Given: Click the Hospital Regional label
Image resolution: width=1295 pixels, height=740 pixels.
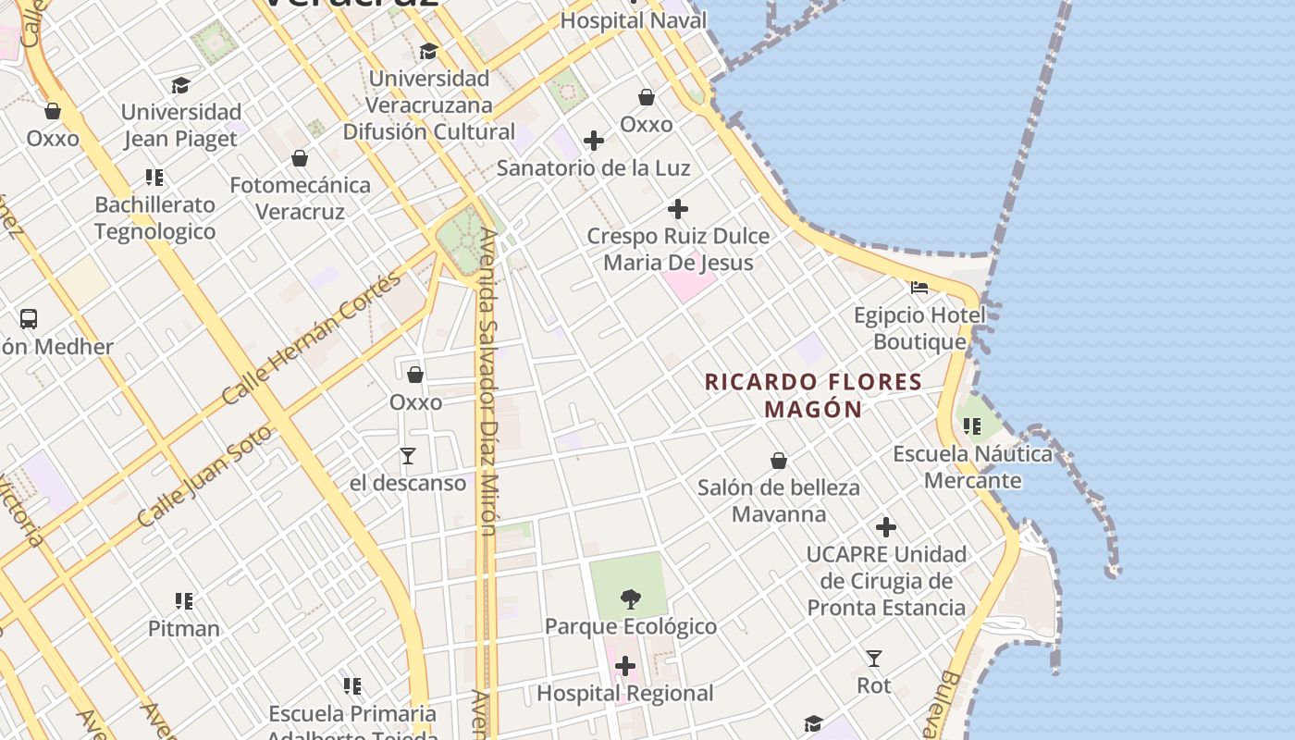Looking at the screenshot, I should pyautogui.click(x=625, y=693).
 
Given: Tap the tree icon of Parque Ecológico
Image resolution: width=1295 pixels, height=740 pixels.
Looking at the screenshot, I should pyautogui.click(x=631, y=598).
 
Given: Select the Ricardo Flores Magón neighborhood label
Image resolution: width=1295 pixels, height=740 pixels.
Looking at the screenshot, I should pyautogui.click(x=814, y=395).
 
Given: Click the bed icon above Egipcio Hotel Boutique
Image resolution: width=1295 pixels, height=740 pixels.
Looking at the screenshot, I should pyautogui.click(x=919, y=288).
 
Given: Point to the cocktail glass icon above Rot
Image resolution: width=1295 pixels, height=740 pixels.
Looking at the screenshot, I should pyautogui.click(x=873, y=659).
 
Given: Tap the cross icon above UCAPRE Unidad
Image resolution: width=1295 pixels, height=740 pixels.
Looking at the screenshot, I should pyautogui.click(x=886, y=527).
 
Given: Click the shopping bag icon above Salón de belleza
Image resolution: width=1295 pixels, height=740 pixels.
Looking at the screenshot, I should pyautogui.click(x=779, y=461).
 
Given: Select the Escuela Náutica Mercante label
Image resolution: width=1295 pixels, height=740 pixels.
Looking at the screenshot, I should pyautogui.click(x=972, y=467).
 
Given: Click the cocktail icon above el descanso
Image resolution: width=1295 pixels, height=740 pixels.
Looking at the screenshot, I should pyautogui.click(x=407, y=455).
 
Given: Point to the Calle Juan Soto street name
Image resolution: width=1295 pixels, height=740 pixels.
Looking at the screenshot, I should pyautogui.click(x=204, y=476).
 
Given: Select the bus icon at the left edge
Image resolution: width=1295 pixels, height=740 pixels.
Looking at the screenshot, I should pyautogui.click(x=29, y=319).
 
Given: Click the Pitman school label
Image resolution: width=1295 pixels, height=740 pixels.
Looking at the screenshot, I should pyautogui.click(x=184, y=628).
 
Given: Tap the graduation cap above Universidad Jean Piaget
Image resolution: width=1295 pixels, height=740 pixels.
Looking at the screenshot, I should pyautogui.click(x=180, y=86).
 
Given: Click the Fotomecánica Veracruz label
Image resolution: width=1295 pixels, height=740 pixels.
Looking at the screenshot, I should pyautogui.click(x=301, y=198).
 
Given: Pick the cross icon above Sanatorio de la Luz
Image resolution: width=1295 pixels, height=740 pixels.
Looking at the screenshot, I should pyautogui.click(x=594, y=141).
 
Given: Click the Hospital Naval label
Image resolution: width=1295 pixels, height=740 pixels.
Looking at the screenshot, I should pyautogui.click(x=634, y=19).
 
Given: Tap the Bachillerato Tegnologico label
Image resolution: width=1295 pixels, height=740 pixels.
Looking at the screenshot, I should pyautogui.click(x=155, y=217).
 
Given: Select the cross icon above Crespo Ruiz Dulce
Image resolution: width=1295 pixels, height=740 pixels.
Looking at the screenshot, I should pyautogui.click(x=678, y=209).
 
